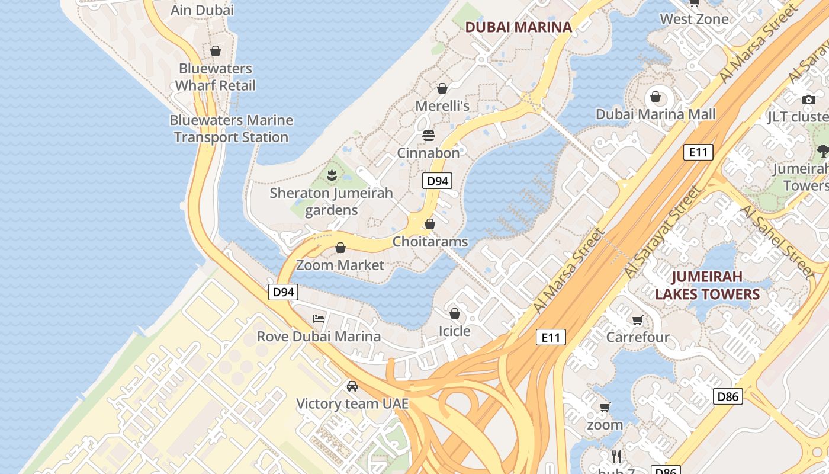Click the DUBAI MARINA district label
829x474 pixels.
coord(519,27)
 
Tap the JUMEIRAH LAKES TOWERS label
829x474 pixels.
coord(707,286)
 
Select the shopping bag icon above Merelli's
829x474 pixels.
coord(442,89)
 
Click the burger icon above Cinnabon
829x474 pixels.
coord(429,136)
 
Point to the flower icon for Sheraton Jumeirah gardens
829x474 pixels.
coord(332,175)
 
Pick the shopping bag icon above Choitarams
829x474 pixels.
coord(430,225)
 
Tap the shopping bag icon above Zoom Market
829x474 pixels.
coord(340,248)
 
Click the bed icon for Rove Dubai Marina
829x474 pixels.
coord(319,319)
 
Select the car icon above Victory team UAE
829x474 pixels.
coord(352,386)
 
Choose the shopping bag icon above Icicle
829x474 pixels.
coord(455,313)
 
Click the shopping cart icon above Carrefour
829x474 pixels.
coord(637,321)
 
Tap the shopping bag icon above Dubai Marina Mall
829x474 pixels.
coord(656,97)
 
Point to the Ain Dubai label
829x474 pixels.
coord(202,10)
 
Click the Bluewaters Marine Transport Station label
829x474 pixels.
coord(231,129)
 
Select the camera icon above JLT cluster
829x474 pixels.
coord(808,100)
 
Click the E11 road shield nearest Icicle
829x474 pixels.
coord(551,338)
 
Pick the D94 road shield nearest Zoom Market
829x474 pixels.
coord(283,292)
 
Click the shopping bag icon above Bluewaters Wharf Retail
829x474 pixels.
coord(216,52)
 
